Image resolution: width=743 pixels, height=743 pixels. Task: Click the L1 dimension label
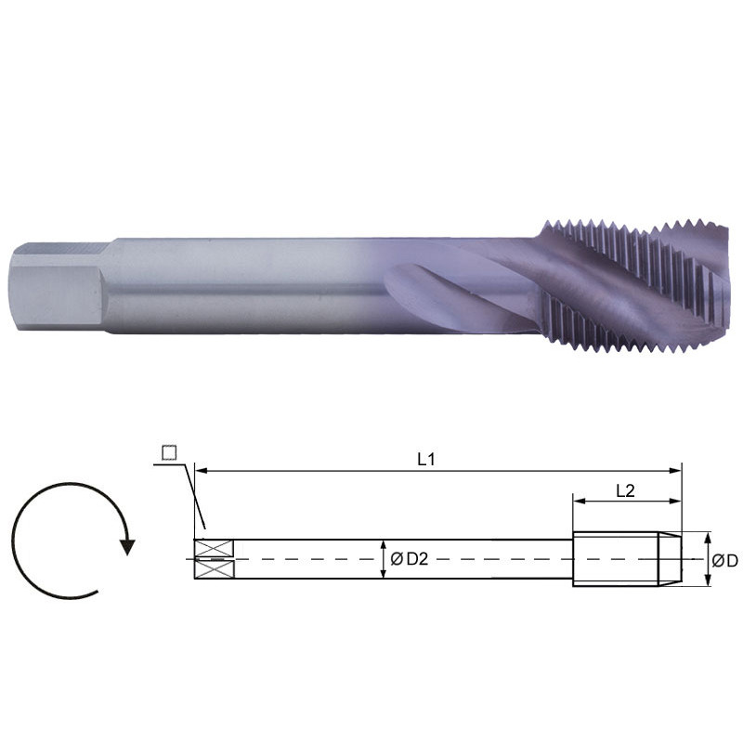[426, 458]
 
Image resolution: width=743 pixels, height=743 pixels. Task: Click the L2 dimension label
[625, 491]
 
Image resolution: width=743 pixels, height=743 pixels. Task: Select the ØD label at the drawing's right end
[725, 560]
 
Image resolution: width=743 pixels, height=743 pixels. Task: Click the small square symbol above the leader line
[169, 452]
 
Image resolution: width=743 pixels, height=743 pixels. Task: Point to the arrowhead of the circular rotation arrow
[127, 545]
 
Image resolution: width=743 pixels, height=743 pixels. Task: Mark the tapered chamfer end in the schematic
[671, 559]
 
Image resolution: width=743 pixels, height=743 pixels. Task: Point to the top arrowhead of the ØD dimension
[709, 538]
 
